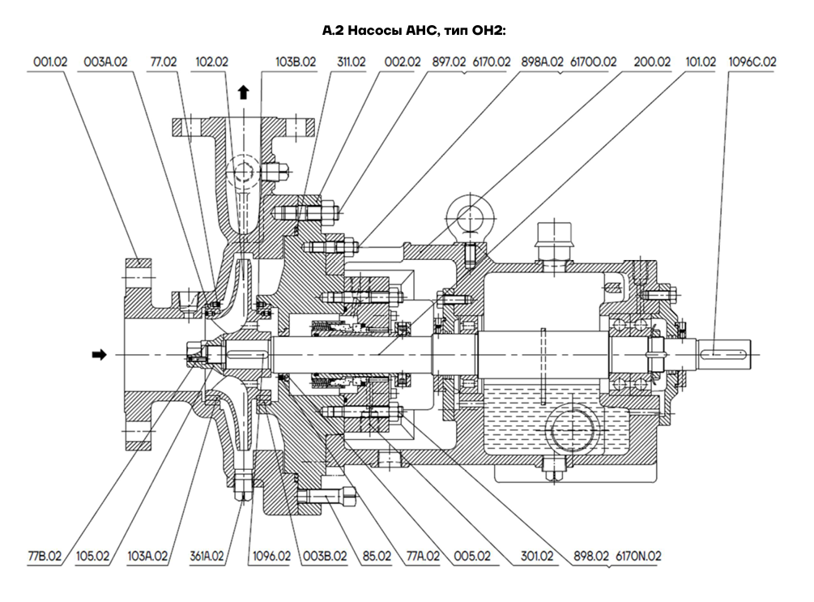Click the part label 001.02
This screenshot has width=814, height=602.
click(50, 62)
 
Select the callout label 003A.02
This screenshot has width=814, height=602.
click(105, 62)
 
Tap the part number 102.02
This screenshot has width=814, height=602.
click(212, 62)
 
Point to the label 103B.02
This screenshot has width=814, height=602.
click(296, 62)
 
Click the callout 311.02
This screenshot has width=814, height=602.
click(352, 62)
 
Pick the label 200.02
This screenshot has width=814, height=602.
click(652, 62)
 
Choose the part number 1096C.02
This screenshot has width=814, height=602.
click(752, 62)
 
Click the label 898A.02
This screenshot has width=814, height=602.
click(542, 62)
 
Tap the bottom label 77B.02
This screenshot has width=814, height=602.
click(45, 557)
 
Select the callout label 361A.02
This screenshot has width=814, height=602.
click(207, 557)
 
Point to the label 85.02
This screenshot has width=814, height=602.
click(377, 557)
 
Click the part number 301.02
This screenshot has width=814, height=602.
click(537, 557)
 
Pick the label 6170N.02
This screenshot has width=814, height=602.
click(638, 557)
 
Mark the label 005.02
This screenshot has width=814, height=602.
click(472, 557)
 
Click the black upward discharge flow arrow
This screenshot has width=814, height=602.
click(243, 93)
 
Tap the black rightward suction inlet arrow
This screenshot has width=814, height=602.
click(99, 355)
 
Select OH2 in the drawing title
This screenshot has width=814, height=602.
click(487, 31)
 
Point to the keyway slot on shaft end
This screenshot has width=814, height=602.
click(723, 355)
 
